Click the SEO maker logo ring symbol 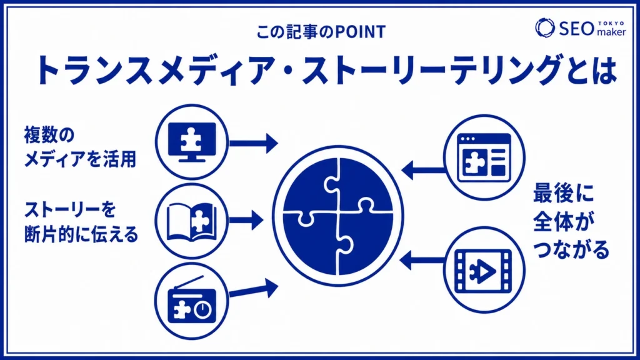coord(545,27)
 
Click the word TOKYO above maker coord(611,24)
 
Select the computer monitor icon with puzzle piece coord(192,142)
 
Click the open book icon coord(192,222)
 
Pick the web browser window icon coord(484,157)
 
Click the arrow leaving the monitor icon coord(254,143)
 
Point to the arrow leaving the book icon coord(246,221)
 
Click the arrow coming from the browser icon coord(423,170)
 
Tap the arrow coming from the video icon coord(422,260)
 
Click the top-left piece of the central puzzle coord(312,186)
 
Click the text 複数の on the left coord(49,135)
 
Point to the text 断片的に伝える coord(81,234)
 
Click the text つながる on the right coord(571,249)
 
